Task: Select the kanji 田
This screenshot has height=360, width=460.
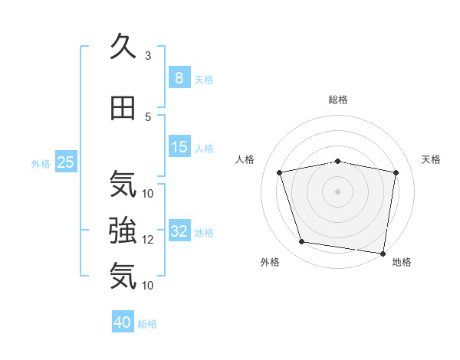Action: coord(123,109)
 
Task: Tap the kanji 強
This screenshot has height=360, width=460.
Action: coord(123,230)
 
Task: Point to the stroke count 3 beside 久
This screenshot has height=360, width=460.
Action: coord(148,56)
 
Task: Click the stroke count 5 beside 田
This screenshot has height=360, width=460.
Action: coord(148,116)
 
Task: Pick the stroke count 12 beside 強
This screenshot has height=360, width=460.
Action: coord(148,239)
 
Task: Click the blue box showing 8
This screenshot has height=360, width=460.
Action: coord(179,77)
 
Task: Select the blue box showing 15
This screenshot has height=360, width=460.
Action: coord(179,147)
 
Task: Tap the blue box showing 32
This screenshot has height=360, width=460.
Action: coord(179,231)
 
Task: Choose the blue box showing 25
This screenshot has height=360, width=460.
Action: coord(65,162)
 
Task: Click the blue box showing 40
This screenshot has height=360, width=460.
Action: coord(123,322)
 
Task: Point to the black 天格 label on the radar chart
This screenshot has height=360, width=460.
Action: coord(431,159)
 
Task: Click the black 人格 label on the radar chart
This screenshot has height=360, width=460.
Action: coord(245,159)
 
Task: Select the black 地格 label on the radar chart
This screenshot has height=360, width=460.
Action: coord(402,262)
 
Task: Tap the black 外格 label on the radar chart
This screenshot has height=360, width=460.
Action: coord(270,262)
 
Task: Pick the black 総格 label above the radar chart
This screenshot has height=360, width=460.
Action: coord(337,100)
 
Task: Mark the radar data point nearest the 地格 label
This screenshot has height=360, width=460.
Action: coord(383,253)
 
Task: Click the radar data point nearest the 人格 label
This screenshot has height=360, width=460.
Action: coord(280,172)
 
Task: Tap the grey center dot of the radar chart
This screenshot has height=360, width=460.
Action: coord(337,191)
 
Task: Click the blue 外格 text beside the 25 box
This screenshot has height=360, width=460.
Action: coord(41,163)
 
